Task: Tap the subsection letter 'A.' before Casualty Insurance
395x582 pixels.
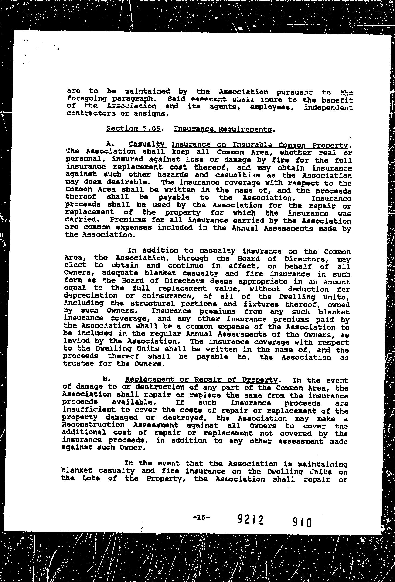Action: click(x=110, y=144)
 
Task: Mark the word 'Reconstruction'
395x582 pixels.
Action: click(x=93, y=425)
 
